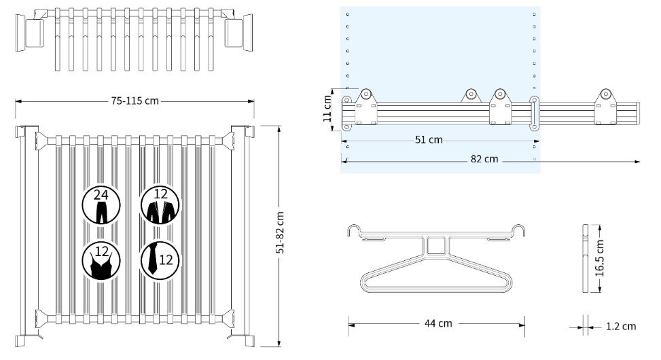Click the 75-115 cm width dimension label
[135, 101]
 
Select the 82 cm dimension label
[484, 160]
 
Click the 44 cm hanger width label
[437, 323]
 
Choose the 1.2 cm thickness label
[620, 326]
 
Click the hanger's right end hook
[520, 231]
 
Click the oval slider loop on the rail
[534, 112]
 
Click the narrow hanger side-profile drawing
[585, 258]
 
